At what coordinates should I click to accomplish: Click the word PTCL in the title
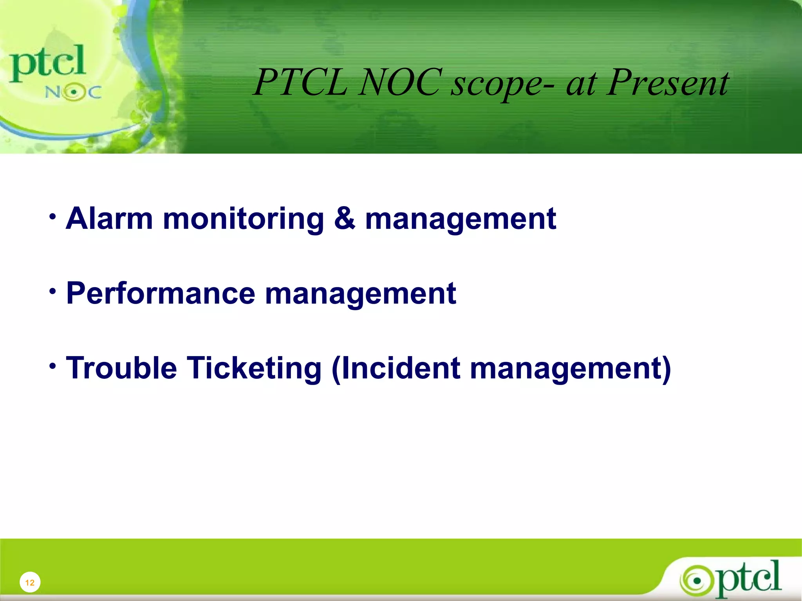[x=301, y=83]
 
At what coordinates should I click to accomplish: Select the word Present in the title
[x=668, y=83]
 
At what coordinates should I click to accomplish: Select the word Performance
[x=161, y=293]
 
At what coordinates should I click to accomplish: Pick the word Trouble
[x=121, y=368]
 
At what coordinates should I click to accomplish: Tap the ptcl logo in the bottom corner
[x=730, y=579]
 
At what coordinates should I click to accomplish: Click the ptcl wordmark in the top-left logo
[x=47, y=63]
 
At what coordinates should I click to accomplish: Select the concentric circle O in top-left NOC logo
[x=73, y=93]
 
